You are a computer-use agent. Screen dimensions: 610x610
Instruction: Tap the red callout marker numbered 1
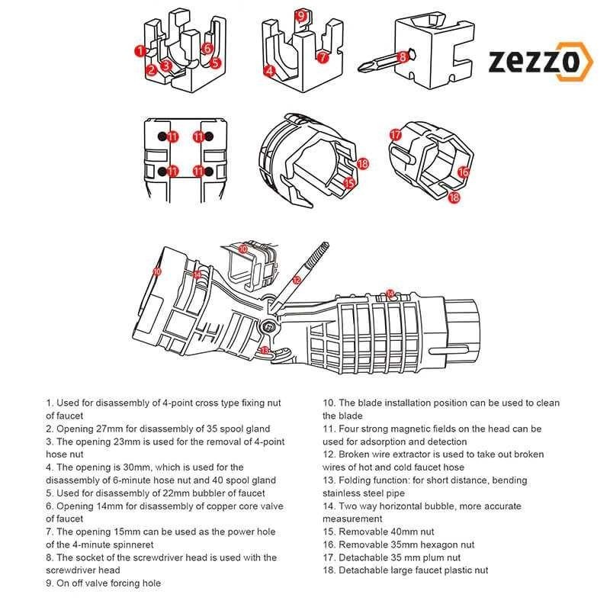click(x=139, y=51)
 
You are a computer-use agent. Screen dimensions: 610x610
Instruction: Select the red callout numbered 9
click(x=300, y=15)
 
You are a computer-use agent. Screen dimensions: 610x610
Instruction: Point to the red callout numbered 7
click(x=323, y=56)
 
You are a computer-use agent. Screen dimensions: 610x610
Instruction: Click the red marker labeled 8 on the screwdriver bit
click(x=403, y=56)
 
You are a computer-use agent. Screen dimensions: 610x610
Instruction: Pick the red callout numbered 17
click(x=395, y=134)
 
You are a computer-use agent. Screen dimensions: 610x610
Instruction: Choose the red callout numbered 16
click(x=463, y=172)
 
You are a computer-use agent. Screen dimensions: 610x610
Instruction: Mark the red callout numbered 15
click(x=349, y=183)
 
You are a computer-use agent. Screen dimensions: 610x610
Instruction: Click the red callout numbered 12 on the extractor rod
click(x=297, y=281)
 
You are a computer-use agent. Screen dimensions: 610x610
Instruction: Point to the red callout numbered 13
click(x=265, y=349)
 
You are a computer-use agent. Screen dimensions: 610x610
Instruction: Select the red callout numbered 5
click(x=216, y=63)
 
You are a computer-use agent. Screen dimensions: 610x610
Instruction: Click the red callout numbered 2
click(x=152, y=70)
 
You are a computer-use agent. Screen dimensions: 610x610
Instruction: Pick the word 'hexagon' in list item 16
click(x=435, y=544)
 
